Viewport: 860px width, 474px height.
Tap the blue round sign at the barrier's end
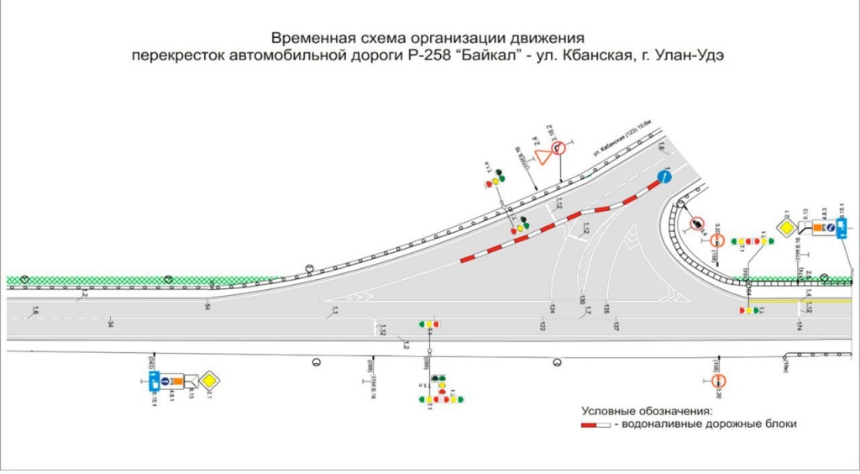[665, 176]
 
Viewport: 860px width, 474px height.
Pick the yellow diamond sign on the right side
[785, 228]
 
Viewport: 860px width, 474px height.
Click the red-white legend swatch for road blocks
[595, 425]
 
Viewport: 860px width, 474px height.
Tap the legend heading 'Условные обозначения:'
[647, 411]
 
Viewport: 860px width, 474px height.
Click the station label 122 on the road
[543, 325]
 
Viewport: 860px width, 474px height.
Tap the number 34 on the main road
[110, 324]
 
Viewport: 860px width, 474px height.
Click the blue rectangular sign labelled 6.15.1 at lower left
[153, 382]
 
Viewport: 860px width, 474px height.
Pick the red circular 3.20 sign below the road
[719, 382]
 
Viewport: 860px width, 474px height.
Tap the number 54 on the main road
[207, 308]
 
